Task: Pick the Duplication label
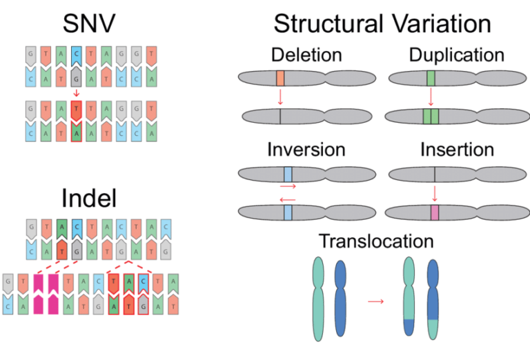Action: pyautogui.click(x=456, y=54)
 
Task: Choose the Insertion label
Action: pyautogui.click(x=456, y=150)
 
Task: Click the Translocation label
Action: pyautogui.click(x=376, y=241)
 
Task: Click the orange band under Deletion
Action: pyautogui.click(x=280, y=78)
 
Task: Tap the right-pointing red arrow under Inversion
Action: pyautogui.click(x=288, y=186)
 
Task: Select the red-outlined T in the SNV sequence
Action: pyautogui.click(x=75, y=108)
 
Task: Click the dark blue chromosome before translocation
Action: pyautogui.click(x=342, y=297)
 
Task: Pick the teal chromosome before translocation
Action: pyautogui.click(x=319, y=297)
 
